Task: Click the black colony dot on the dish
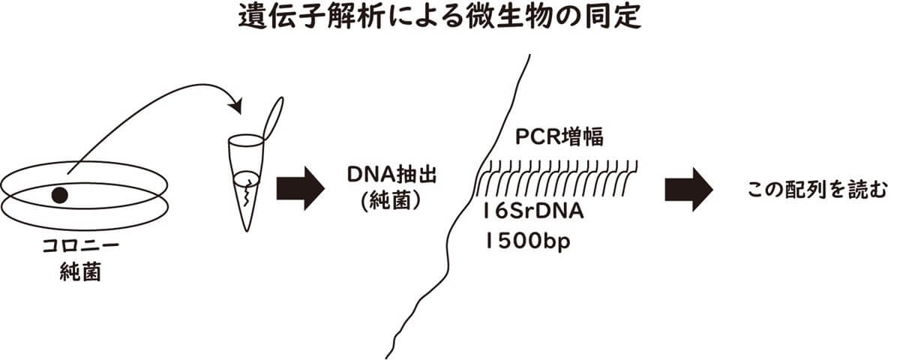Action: click(59, 195)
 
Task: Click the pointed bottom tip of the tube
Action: click(247, 227)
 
